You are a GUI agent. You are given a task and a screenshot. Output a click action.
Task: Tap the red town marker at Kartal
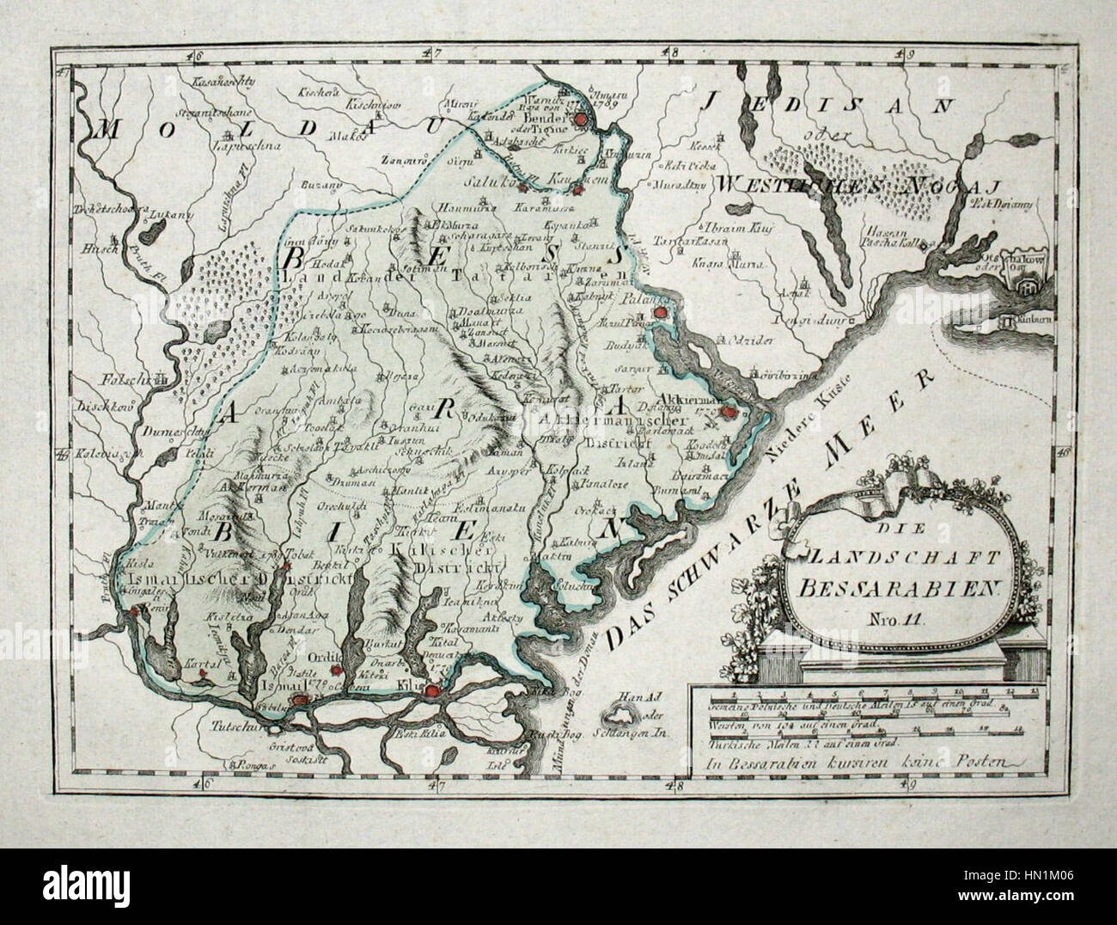point(204,676)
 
